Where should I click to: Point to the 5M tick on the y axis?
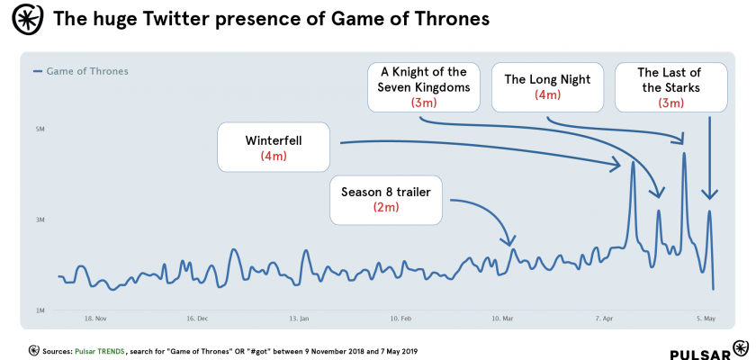[40, 130]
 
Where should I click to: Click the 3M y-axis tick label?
[40, 220]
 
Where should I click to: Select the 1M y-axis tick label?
[40, 311]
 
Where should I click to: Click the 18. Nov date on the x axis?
[95, 319]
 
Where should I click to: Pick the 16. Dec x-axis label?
[197, 319]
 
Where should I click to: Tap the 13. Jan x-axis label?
[300, 319]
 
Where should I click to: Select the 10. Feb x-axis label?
[401, 319]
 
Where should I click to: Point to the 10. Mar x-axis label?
[503, 319]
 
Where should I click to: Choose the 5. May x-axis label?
[706, 319]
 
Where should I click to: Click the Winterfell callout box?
[273, 148]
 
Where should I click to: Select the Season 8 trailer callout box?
[386, 199]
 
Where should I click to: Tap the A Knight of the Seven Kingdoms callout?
[425, 87]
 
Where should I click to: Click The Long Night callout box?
[547, 86]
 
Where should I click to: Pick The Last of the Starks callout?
[669, 87]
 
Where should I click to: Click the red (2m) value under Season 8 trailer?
[386, 208]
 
